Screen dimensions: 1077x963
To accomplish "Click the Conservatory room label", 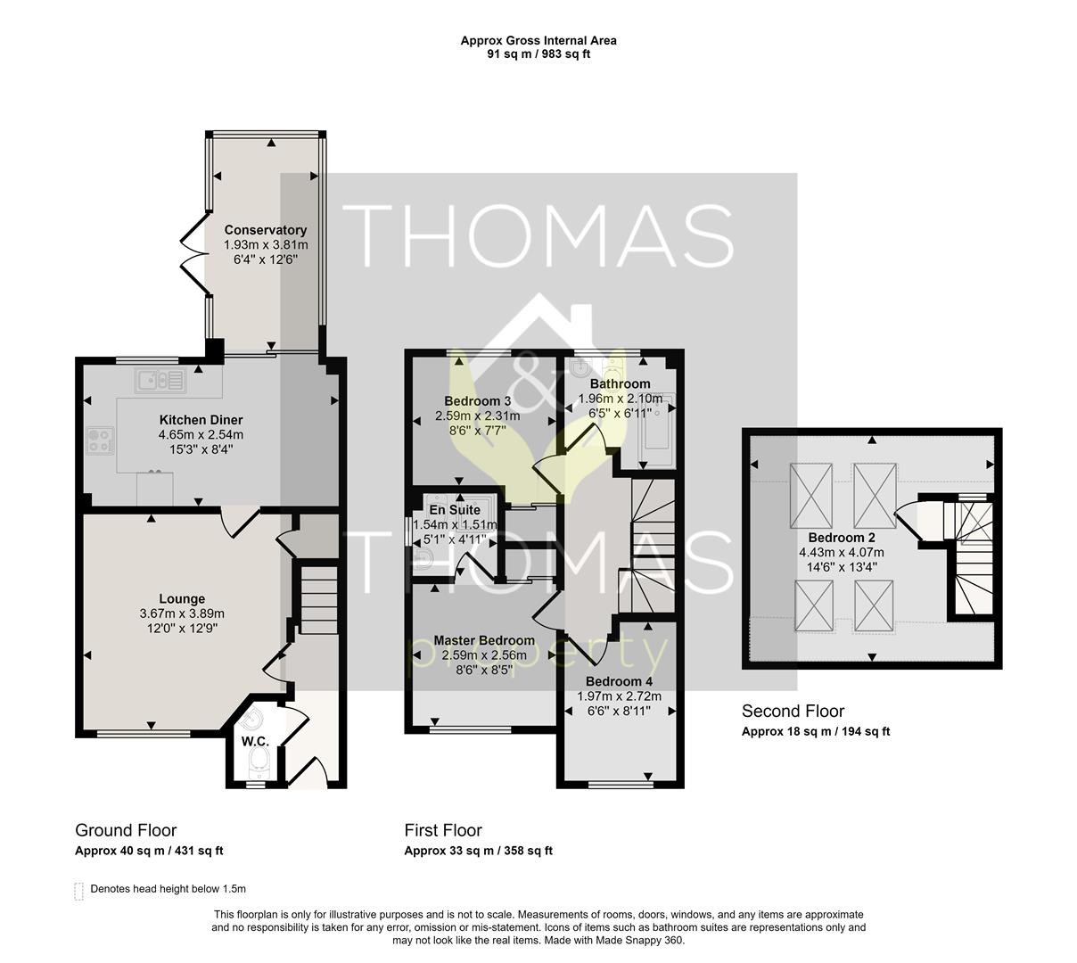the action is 266,230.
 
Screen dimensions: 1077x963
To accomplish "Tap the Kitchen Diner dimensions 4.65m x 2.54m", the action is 201,434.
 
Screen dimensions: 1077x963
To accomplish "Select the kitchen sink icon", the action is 160,380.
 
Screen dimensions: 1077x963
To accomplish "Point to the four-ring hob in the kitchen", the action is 100,440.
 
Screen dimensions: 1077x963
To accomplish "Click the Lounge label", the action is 182,598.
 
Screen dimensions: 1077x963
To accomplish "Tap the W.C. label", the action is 255,741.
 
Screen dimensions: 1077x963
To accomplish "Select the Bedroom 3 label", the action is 477,401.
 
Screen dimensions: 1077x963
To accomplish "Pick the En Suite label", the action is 455,509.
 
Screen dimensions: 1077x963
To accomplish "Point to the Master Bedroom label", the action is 484,640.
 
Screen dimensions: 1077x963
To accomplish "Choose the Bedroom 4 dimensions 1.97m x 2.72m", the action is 620,696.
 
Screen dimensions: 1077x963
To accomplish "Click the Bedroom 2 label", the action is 842,537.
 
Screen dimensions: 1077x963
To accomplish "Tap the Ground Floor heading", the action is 126,830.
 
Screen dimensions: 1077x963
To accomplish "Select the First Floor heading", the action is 443,830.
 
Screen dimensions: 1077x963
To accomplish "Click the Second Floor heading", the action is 793,711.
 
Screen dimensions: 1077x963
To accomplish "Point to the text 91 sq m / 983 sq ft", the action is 538,53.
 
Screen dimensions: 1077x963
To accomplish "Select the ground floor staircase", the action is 318,600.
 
